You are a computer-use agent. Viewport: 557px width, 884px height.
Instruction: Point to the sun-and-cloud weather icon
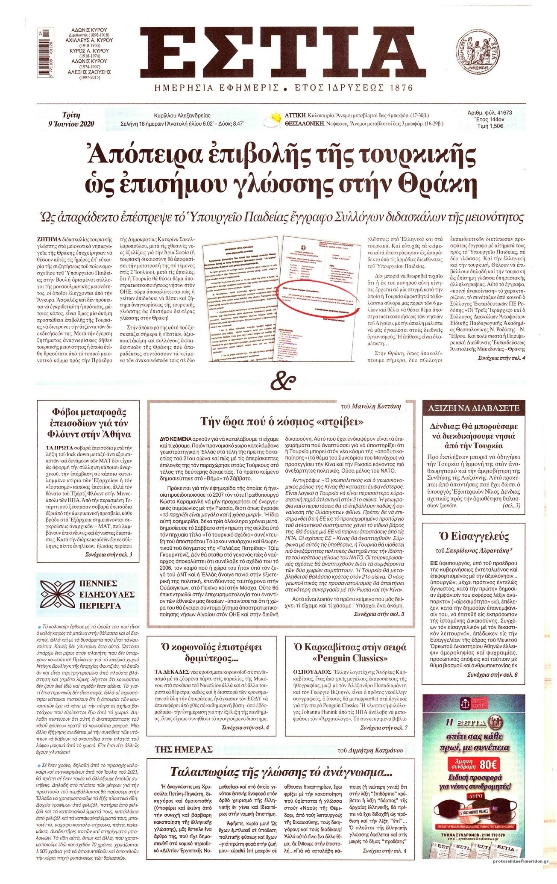coord(273,119)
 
